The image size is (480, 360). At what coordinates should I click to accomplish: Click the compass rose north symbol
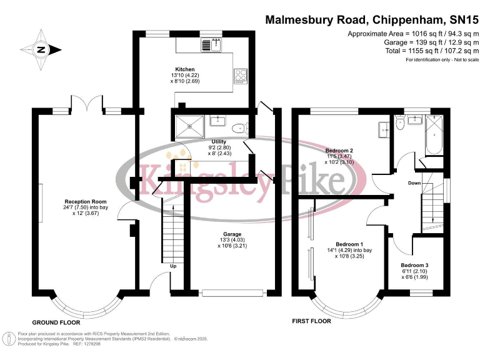tap(41, 49)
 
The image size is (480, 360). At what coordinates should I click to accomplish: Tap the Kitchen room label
tap(185, 69)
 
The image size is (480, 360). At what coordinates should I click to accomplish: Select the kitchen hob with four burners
tap(241, 76)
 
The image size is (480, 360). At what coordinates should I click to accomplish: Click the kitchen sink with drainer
tap(211, 45)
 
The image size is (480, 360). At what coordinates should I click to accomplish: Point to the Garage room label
tap(232, 234)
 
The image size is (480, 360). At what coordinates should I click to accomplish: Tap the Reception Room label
tap(86, 202)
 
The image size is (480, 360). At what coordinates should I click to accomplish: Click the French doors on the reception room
tap(87, 102)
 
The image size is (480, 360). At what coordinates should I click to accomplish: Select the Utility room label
tap(219, 142)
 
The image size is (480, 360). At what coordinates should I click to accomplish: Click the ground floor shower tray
tap(189, 126)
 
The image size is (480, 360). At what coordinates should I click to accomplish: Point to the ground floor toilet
tap(241, 128)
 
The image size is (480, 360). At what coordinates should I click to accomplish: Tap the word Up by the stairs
tap(173, 266)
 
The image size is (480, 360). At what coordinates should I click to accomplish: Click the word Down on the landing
tap(414, 183)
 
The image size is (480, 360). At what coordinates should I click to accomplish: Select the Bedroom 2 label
tap(339, 151)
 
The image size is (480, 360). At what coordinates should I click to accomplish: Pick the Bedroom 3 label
tap(414, 266)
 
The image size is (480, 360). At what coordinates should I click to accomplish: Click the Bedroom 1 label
tap(349, 244)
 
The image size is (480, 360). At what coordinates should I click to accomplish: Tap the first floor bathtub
tap(435, 136)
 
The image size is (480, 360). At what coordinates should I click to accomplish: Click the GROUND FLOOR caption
tap(56, 322)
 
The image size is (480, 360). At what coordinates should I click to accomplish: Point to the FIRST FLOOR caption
tap(312, 321)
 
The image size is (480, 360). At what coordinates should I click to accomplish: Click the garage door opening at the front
tap(233, 293)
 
